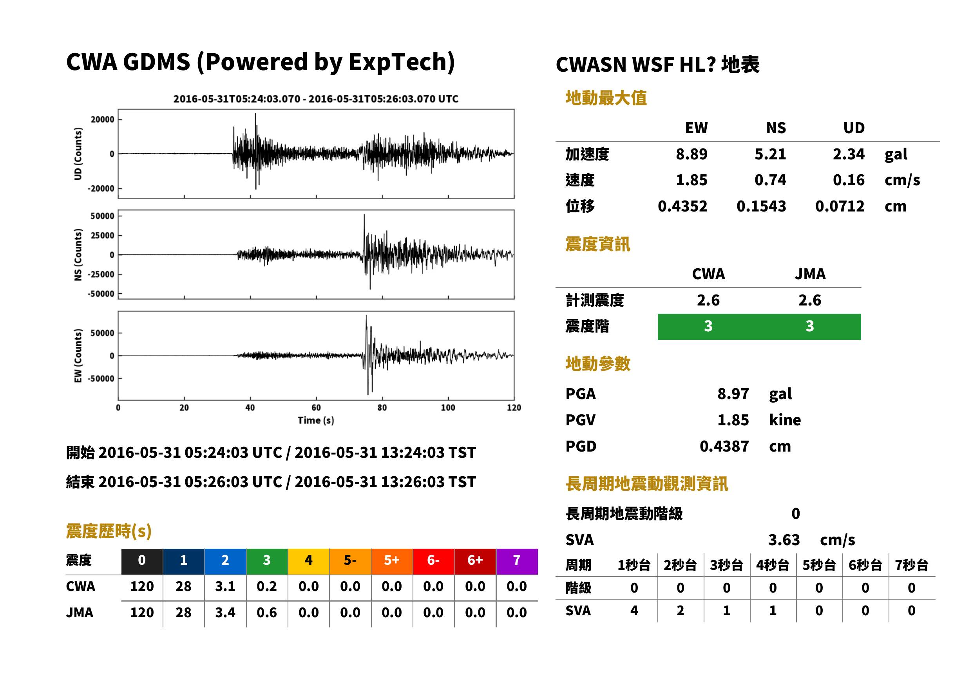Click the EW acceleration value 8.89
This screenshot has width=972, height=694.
(691, 154)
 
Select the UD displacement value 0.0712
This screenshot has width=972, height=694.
(840, 206)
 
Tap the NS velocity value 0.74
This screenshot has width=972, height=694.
(770, 180)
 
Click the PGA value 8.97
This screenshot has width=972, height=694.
(733, 394)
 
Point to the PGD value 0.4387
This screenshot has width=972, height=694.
(724, 446)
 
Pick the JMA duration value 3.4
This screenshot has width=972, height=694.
(225, 613)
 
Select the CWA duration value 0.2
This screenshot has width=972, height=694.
(267, 586)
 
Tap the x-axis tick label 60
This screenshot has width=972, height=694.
(316, 408)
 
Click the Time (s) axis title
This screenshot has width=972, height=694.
(316, 421)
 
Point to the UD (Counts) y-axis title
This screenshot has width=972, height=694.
(78, 154)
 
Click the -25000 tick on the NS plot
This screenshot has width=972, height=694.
(101, 275)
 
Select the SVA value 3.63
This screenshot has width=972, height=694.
(784, 540)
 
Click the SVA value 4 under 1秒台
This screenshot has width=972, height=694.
(634, 611)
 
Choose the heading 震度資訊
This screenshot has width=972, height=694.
(597, 244)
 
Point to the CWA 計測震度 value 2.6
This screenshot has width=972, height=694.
(708, 300)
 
